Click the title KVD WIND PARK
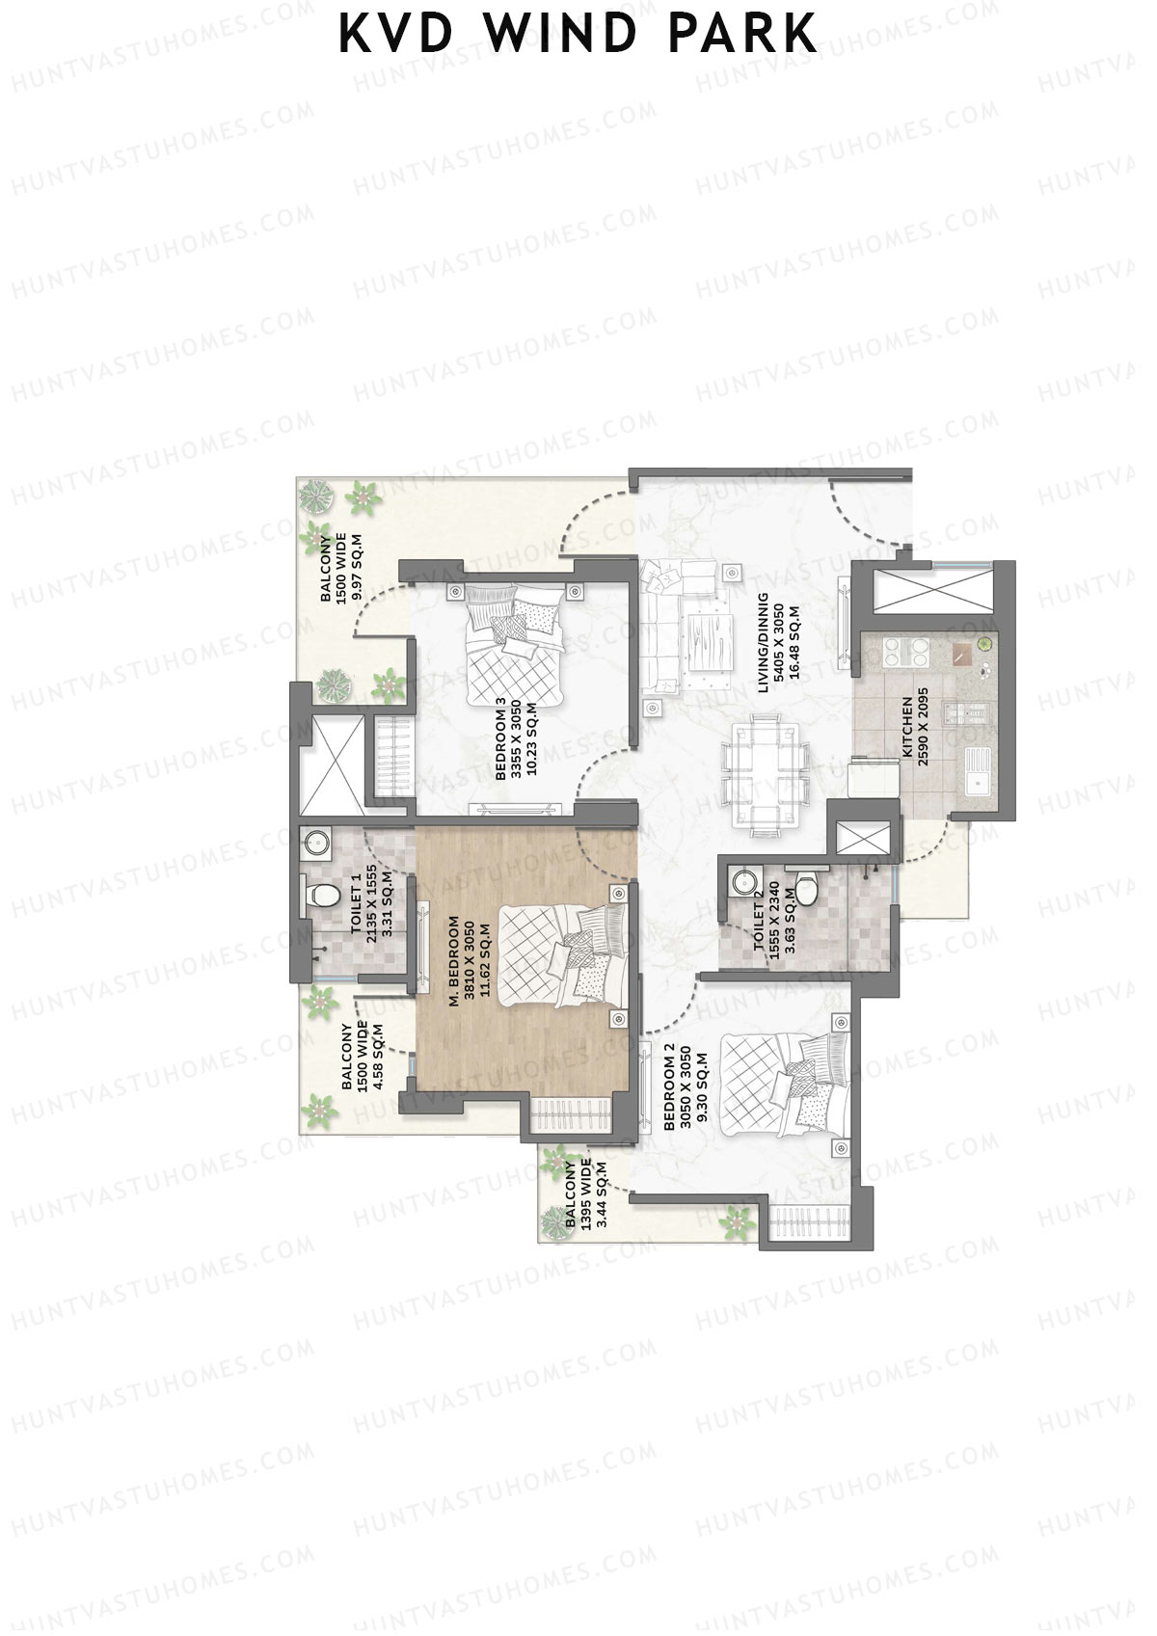click(x=578, y=34)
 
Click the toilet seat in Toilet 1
click(x=322, y=896)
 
